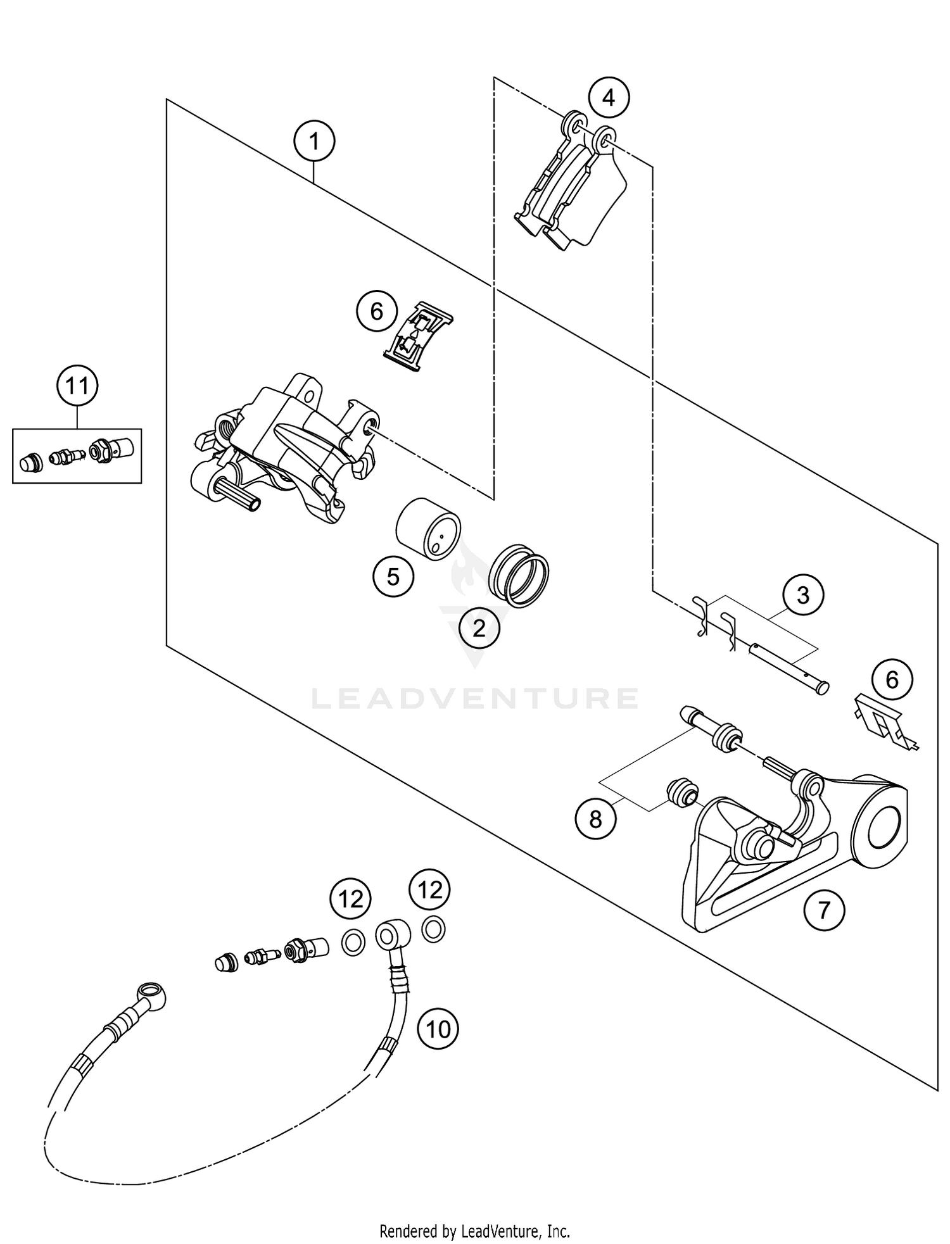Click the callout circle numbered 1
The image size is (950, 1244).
pos(315,142)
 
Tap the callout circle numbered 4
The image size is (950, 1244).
pos(608,98)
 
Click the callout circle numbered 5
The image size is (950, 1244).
pos(393,577)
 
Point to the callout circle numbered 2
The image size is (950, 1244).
pos(479,628)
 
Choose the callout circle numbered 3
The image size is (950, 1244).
pos(802,595)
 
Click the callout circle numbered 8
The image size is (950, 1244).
pos(595,820)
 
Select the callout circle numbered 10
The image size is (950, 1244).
pos(438,1029)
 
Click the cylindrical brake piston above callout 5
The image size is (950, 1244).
pos(428,529)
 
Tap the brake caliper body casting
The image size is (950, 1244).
pos(279,443)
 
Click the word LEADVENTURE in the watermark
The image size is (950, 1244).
pos(475,698)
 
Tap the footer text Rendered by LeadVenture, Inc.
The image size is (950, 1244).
pos(474,1231)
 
